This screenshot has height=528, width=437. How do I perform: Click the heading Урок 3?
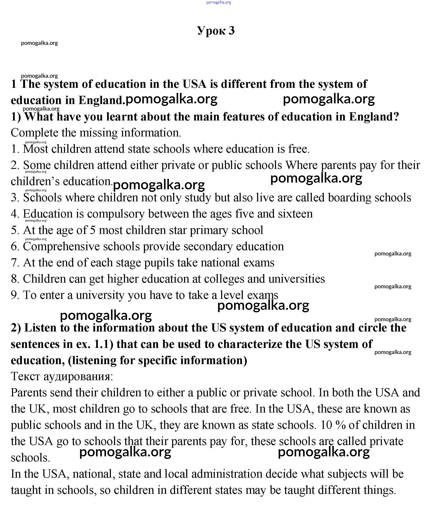216,31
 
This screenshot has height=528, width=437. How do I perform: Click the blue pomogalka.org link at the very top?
218,3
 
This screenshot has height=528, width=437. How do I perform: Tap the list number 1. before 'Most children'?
15,149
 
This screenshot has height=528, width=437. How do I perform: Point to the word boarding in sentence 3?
349,198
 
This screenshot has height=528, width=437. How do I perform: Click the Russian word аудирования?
78,376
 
